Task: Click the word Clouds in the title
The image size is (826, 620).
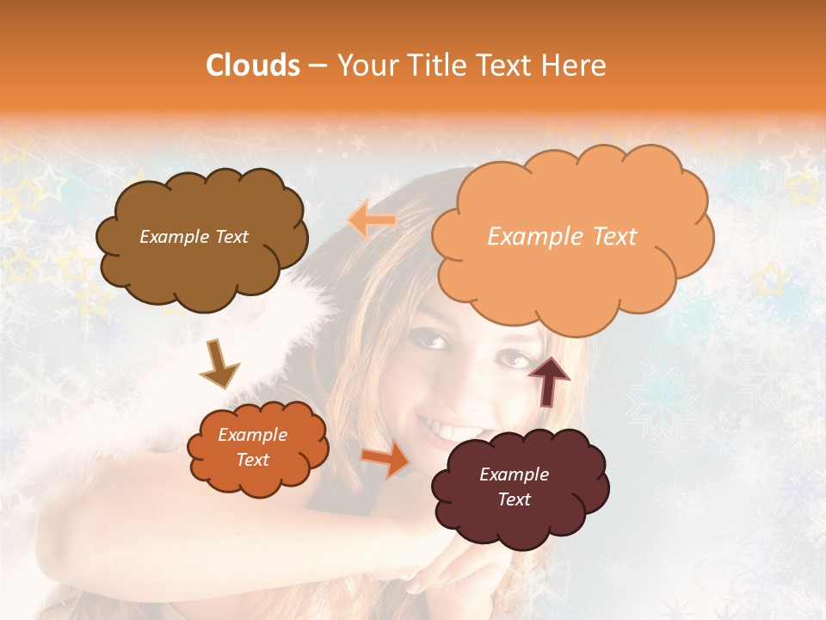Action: click(252, 65)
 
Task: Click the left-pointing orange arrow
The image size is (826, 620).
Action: click(373, 221)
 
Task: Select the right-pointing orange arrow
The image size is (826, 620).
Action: click(385, 461)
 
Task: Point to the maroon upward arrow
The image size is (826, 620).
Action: click(548, 379)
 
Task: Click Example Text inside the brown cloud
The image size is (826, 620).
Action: click(194, 237)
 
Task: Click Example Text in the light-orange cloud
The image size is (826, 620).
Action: click(562, 237)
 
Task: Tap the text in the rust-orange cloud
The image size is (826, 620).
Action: click(252, 447)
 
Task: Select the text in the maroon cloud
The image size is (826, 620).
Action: click(514, 487)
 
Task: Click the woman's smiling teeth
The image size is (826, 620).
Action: click(451, 427)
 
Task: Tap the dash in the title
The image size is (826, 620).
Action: click(316, 65)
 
